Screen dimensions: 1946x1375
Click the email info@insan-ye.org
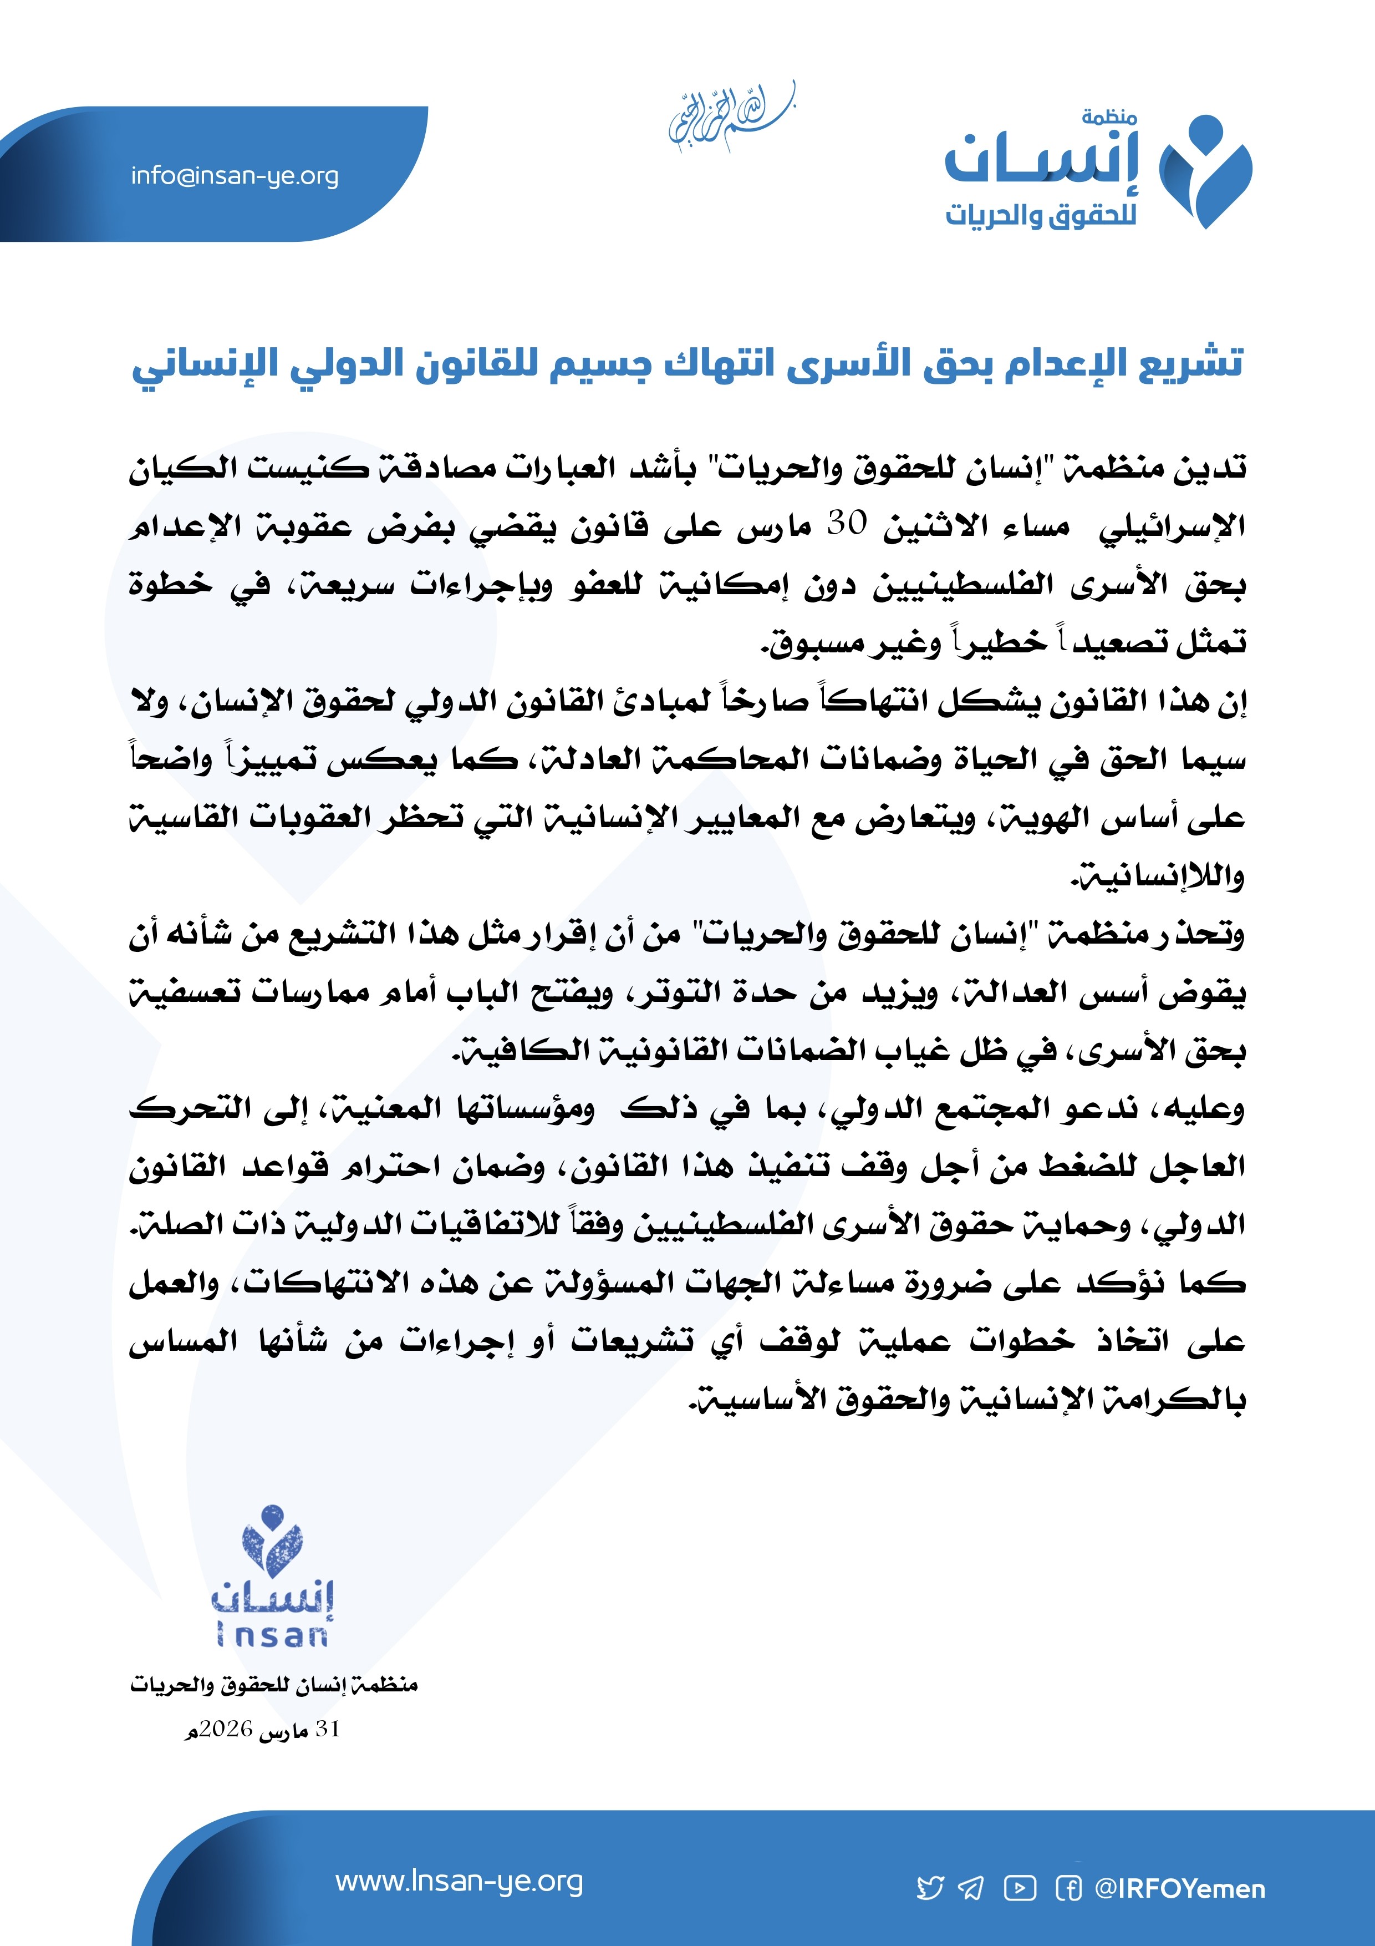click(x=235, y=176)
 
